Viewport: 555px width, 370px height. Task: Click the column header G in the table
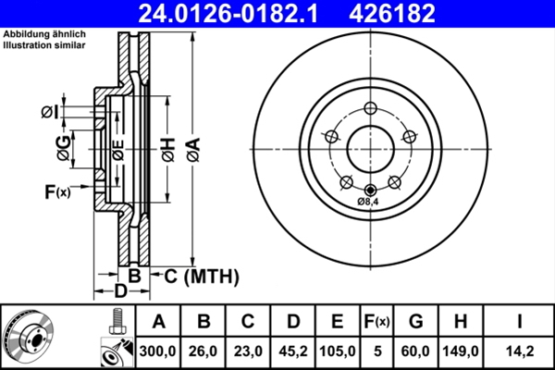click(415, 322)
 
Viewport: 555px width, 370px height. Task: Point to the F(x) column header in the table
click(376, 322)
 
